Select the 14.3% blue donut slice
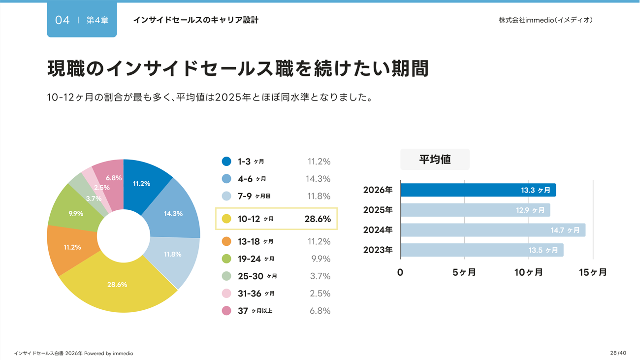click(x=175, y=212)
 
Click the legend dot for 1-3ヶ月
click(x=226, y=162)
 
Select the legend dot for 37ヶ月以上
click(x=226, y=311)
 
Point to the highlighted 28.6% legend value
click(x=318, y=219)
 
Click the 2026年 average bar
click(x=478, y=190)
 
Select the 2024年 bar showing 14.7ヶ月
click(x=492, y=230)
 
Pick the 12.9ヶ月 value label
click(x=530, y=210)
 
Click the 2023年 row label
click(x=378, y=250)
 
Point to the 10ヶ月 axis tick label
click(x=529, y=272)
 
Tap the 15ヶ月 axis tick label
click(x=593, y=272)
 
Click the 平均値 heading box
click(x=435, y=160)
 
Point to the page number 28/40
click(x=618, y=353)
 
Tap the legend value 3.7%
click(x=320, y=276)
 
